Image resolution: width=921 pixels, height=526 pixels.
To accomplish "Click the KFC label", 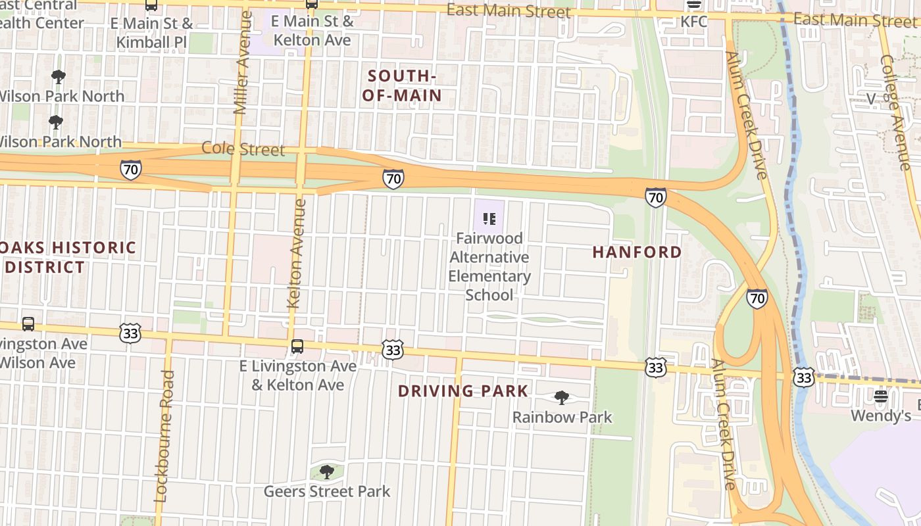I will pos(694,22).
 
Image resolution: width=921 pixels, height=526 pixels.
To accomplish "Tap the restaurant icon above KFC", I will pos(694,4).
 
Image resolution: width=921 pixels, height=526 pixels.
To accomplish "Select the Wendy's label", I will pos(881,416).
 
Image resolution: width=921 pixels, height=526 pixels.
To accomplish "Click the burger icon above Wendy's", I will pos(881,396).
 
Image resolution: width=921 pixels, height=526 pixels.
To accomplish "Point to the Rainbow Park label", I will pos(562,417).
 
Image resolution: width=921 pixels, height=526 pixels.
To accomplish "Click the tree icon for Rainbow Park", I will pos(561,398).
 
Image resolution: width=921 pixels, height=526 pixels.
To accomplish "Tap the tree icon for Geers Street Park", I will pos(326,472).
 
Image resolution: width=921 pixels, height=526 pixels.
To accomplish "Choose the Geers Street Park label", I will pos(327,491).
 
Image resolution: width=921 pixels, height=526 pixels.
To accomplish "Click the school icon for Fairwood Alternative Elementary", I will pos(489,218).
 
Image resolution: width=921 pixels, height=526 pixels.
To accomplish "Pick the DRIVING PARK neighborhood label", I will pos(463,391).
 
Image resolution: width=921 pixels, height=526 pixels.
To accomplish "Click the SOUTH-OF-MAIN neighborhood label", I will pos(401,86).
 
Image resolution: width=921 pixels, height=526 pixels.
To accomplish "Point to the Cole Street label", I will pos(243,149).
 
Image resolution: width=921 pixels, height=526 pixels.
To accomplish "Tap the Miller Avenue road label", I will pos(242,62).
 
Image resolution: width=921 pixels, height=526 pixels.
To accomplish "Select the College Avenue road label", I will pos(895,103).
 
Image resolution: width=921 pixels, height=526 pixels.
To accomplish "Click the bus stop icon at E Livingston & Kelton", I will pos(297,347).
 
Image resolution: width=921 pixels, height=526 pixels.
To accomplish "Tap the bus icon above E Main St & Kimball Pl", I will pos(151,5).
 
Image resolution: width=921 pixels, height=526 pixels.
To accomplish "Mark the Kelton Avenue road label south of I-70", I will pos(297,253).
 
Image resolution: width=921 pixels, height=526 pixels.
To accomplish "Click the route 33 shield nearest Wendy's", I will pos(804,377).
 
